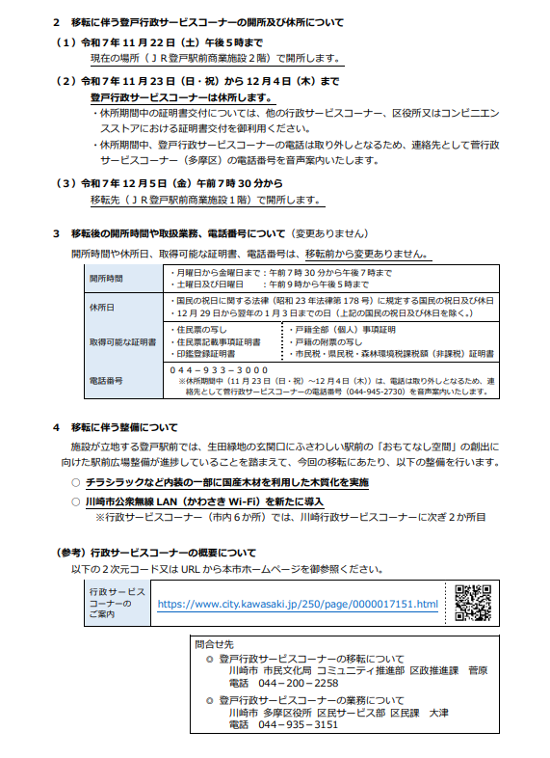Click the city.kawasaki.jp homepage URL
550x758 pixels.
pyautogui.click(x=297, y=605)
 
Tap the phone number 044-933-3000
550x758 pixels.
pyautogui.click(x=219, y=370)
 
